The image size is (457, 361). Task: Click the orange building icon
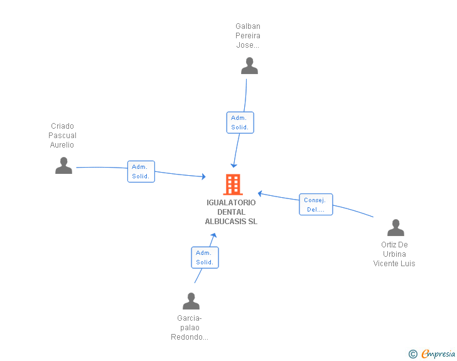pyautogui.click(x=233, y=185)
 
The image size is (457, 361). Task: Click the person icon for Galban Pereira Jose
pyautogui.click(x=249, y=66)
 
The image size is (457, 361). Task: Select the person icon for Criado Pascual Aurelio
pyautogui.click(x=63, y=165)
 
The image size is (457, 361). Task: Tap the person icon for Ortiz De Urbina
pyautogui.click(x=395, y=227)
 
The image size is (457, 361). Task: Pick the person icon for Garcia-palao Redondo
pyautogui.click(x=191, y=301)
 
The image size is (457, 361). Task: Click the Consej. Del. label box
pyautogui.click(x=316, y=205)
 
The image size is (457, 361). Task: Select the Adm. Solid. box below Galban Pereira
pyautogui.click(x=240, y=122)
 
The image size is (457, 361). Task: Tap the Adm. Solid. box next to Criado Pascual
pyautogui.click(x=141, y=171)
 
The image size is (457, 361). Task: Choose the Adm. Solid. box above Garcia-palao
pyautogui.click(x=205, y=257)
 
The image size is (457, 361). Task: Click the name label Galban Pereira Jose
pyautogui.click(x=248, y=36)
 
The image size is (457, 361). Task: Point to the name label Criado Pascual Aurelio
pyautogui.click(x=62, y=136)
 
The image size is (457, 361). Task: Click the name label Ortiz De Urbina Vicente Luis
pyautogui.click(x=394, y=254)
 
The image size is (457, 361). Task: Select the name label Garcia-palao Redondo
pyautogui.click(x=190, y=328)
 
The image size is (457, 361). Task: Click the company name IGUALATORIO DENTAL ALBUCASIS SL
pyautogui.click(x=231, y=212)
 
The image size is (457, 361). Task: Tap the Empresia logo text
pyautogui.click(x=438, y=354)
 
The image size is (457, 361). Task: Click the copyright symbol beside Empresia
pyautogui.click(x=412, y=354)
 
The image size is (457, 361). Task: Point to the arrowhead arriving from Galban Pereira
pyautogui.click(x=234, y=165)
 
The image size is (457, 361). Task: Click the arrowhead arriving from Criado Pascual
pyautogui.click(x=204, y=176)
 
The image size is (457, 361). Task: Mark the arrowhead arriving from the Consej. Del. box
pyautogui.click(x=260, y=193)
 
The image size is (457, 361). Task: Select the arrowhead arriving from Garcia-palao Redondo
pyautogui.click(x=214, y=235)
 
